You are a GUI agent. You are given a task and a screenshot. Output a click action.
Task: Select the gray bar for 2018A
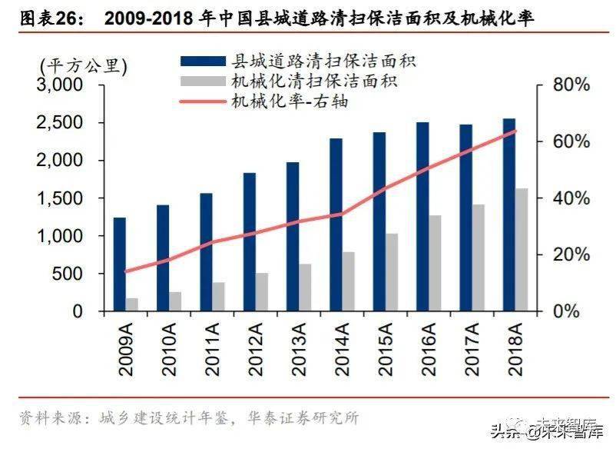pos(522,250)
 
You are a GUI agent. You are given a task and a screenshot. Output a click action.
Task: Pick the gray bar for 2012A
pos(262,292)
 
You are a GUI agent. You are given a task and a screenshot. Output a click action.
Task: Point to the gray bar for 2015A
pos(392,272)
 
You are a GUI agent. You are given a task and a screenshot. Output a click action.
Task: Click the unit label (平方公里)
pos(84,65)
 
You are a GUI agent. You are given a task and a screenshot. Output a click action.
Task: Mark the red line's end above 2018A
pos(515,131)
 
